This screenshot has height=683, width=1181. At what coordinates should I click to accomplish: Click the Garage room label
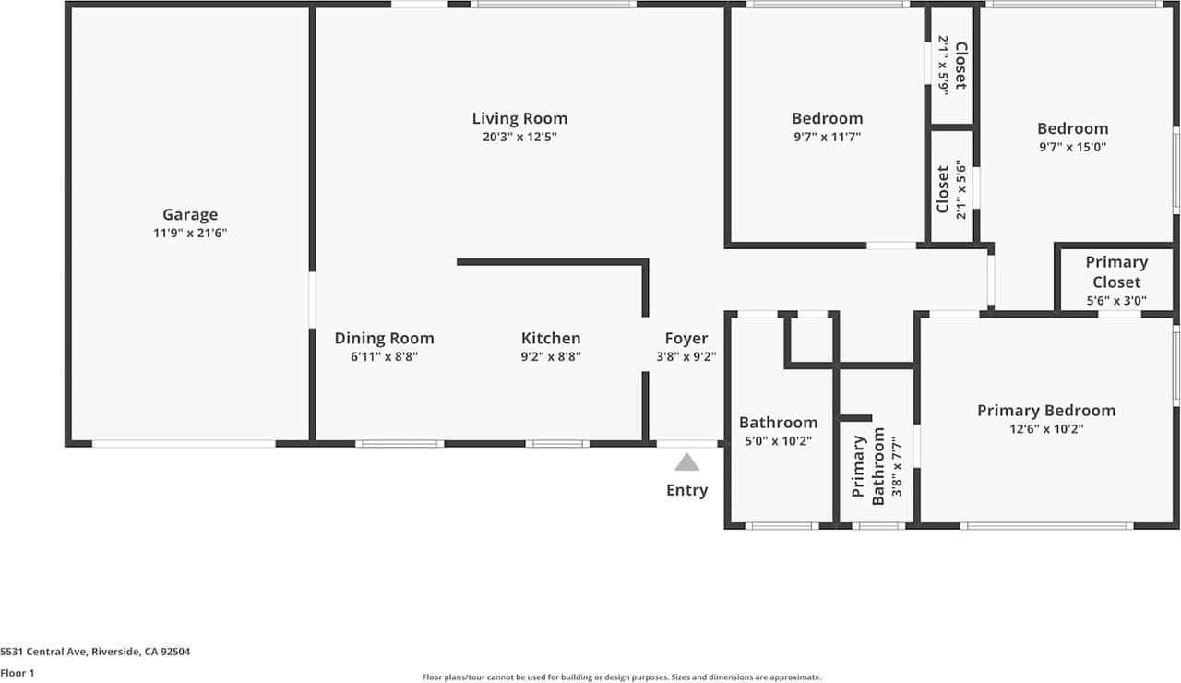click(x=190, y=215)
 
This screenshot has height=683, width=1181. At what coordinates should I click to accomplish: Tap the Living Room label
click(x=519, y=118)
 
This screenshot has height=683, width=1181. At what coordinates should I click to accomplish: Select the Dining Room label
click(x=384, y=339)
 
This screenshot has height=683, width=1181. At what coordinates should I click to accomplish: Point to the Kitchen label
click(x=551, y=339)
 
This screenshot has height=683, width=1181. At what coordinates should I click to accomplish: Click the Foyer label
click(x=686, y=339)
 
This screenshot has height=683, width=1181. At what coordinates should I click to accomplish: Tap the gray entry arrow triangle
click(x=686, y=462)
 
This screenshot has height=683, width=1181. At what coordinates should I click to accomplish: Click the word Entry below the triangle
click(x=686, y=490)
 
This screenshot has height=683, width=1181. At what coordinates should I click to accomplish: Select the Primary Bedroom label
click(x=1046, y=411)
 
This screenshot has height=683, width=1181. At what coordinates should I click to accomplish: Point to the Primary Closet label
click(x=1116, y=272)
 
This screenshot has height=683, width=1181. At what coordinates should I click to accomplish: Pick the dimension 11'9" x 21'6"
click(x=190, y=234)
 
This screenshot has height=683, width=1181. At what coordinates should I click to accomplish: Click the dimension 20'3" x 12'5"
click(x=519, y=137)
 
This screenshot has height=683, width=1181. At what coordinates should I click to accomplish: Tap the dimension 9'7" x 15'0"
click(x=1072, y=146)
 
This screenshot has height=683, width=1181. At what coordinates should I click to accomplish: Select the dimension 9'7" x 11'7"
click(x=827, y=137)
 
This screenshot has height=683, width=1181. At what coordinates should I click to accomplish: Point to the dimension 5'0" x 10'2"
click(x=778, y=440)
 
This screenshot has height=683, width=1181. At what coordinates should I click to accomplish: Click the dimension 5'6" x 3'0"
click(x=1116, y=300)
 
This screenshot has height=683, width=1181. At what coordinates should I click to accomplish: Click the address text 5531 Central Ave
click(x=96, y=652)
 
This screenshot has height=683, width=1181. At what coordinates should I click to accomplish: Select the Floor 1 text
click(x=18, y=673)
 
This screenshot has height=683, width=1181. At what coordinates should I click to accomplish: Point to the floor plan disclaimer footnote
click(x=621, y=677)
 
